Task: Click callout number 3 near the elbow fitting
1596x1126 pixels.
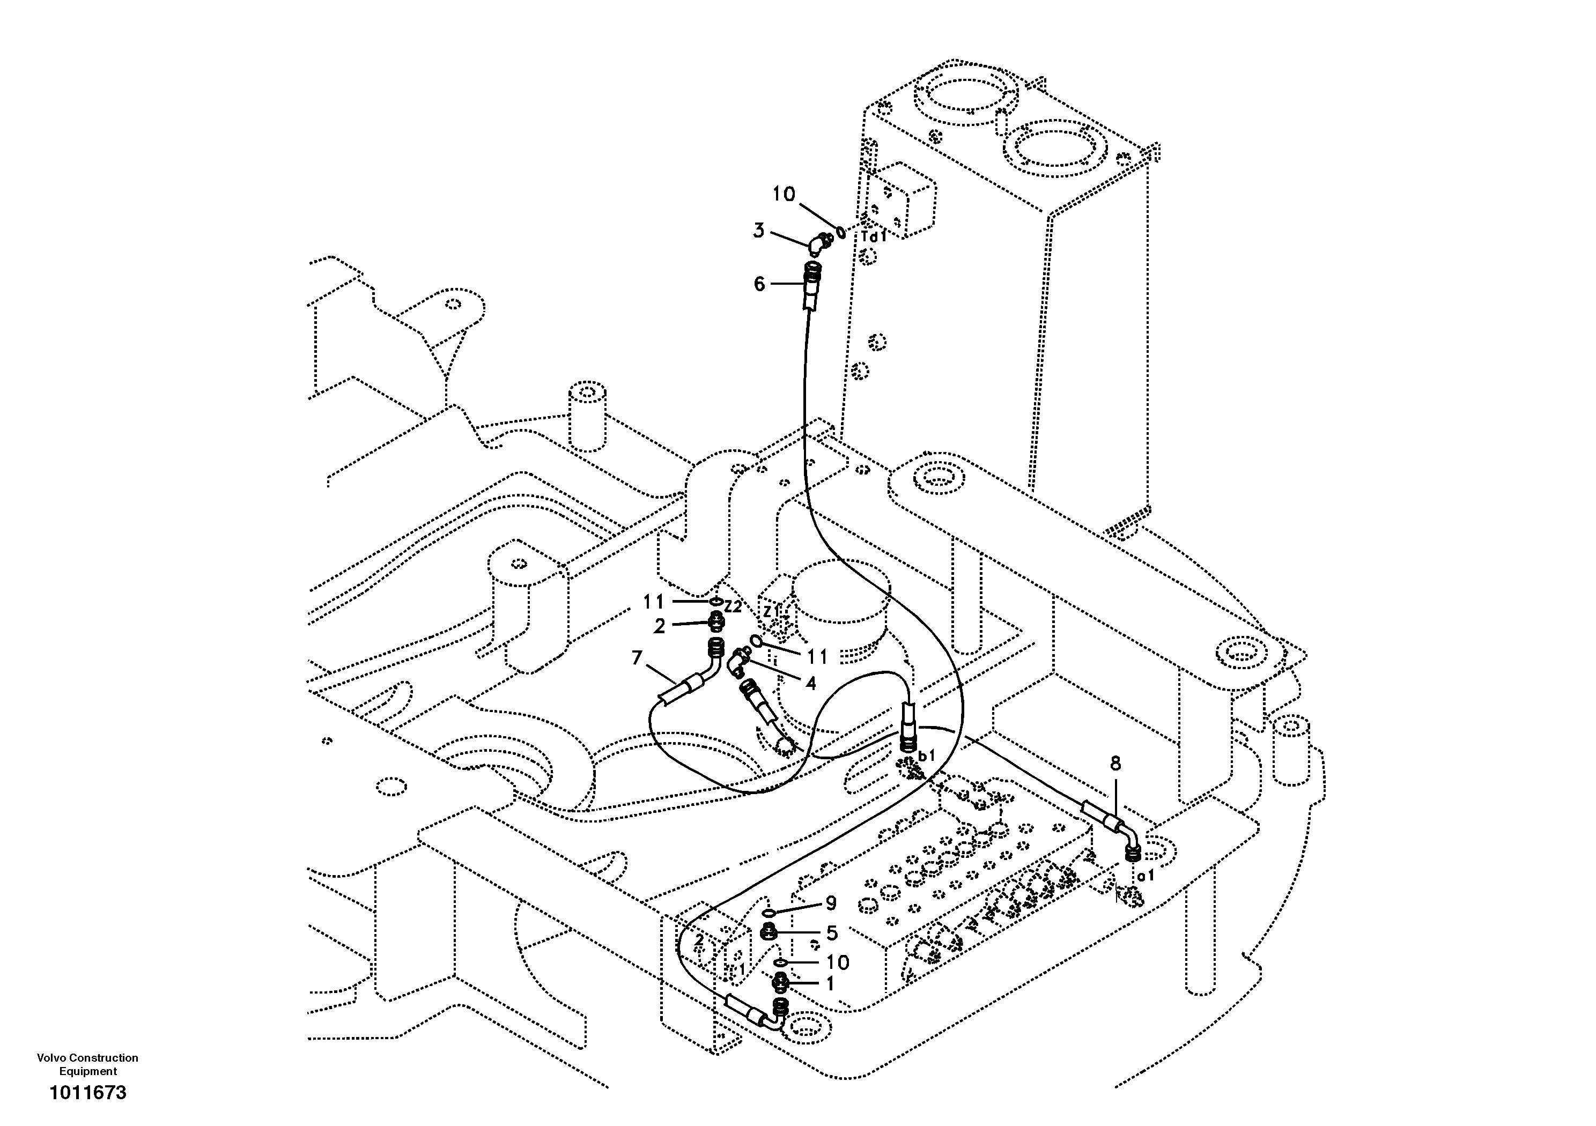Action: [759, 230]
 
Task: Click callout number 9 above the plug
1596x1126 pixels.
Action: [831, 903]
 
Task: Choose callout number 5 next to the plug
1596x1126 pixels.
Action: [832, 933]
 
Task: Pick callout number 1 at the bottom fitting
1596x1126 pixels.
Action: [829, 983]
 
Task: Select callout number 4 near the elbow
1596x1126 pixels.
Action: [810, 683]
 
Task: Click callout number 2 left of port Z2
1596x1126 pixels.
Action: [659, 626]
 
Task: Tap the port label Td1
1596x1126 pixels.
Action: [874, 236]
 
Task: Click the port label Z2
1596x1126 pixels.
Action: [733, 606]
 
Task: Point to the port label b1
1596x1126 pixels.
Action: [927, 755]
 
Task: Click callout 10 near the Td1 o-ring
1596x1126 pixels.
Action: [784, 194]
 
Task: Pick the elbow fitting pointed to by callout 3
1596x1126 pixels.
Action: [819, 243]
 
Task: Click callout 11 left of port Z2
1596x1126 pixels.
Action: [653, 601]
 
